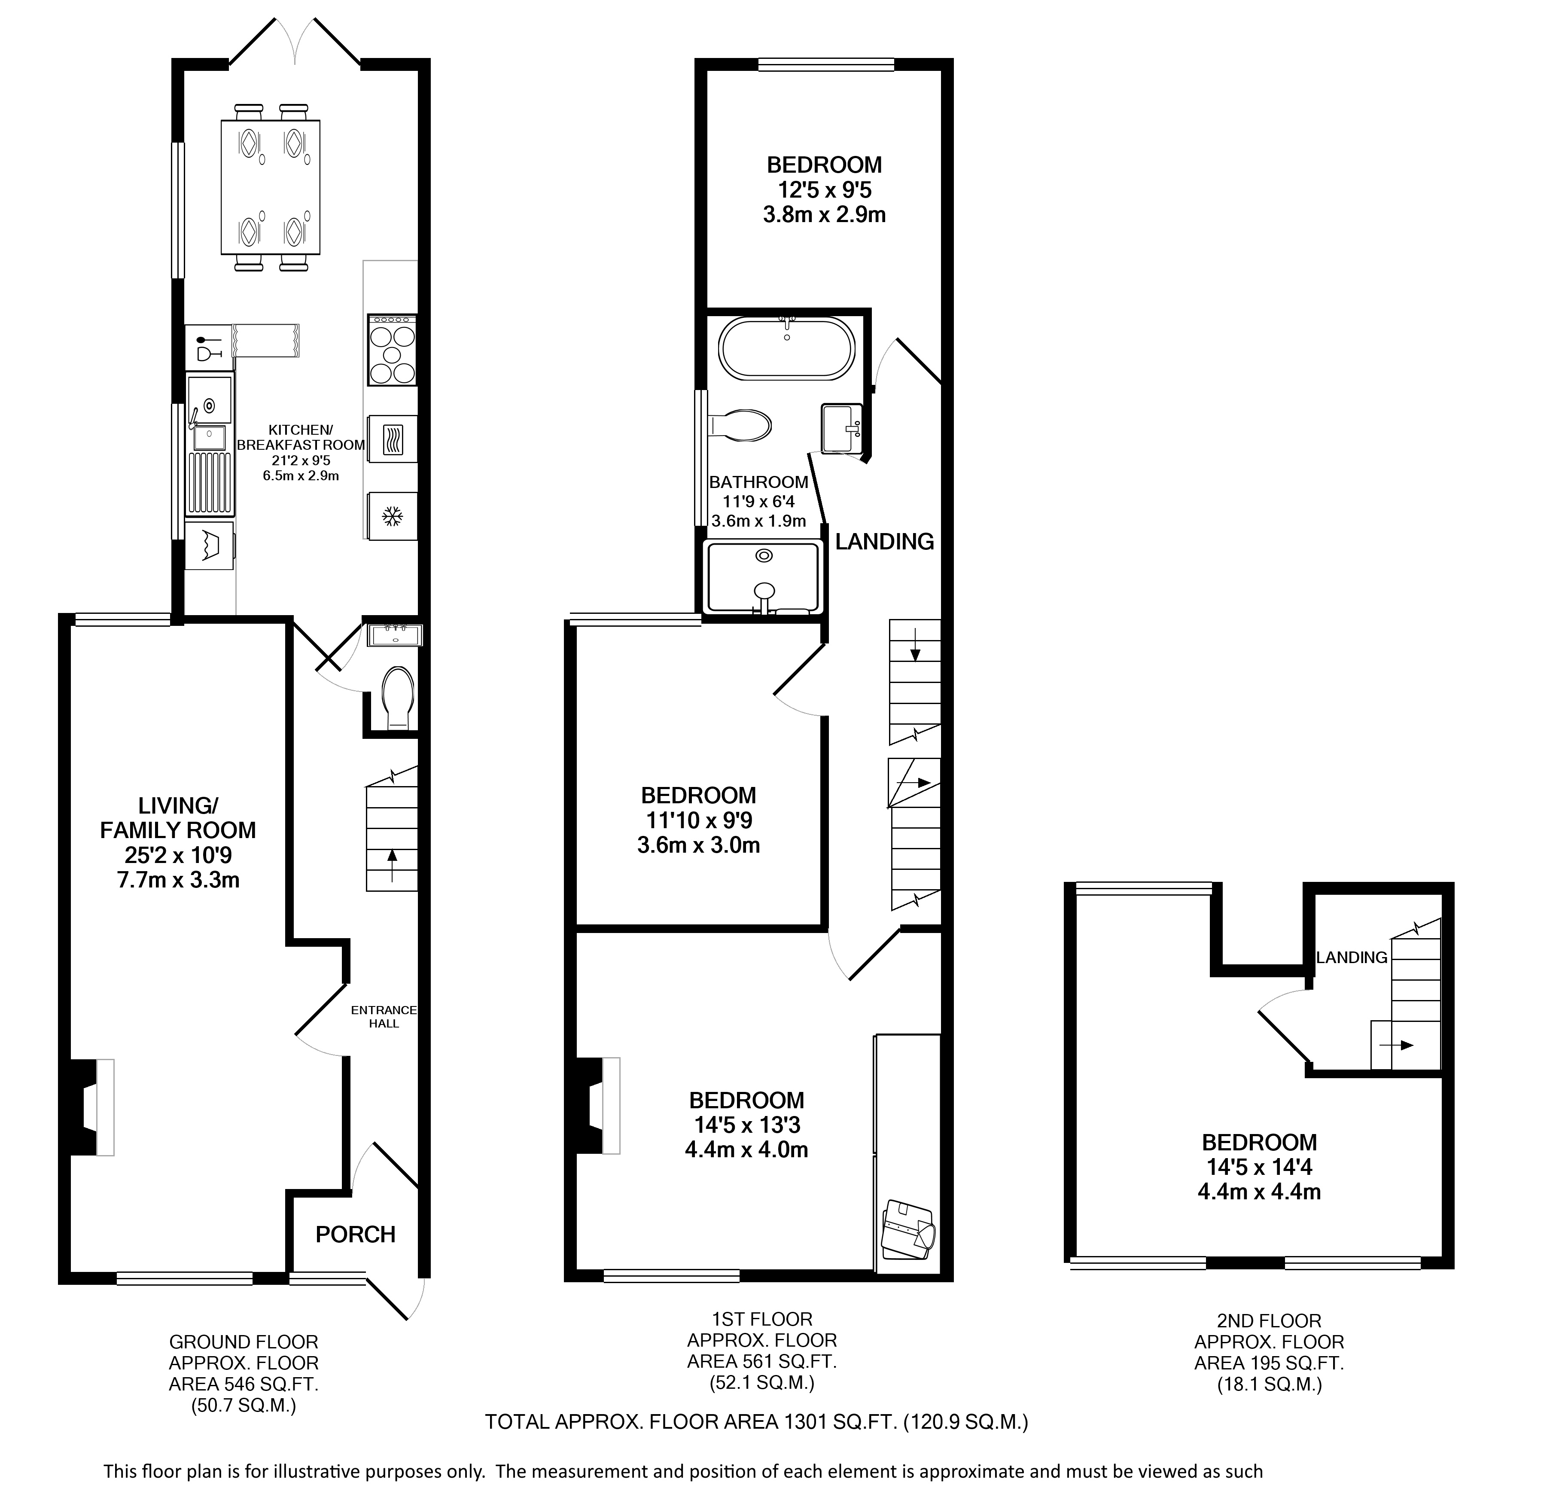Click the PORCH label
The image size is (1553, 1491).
(x=355, y=1234)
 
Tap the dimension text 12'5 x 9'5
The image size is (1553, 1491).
(x=824, y=190)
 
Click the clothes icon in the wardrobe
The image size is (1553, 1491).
(x=908, y=1229)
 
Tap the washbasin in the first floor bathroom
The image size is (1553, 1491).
(x=841, y=427)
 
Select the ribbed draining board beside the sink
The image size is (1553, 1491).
(x=210, y=484)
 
